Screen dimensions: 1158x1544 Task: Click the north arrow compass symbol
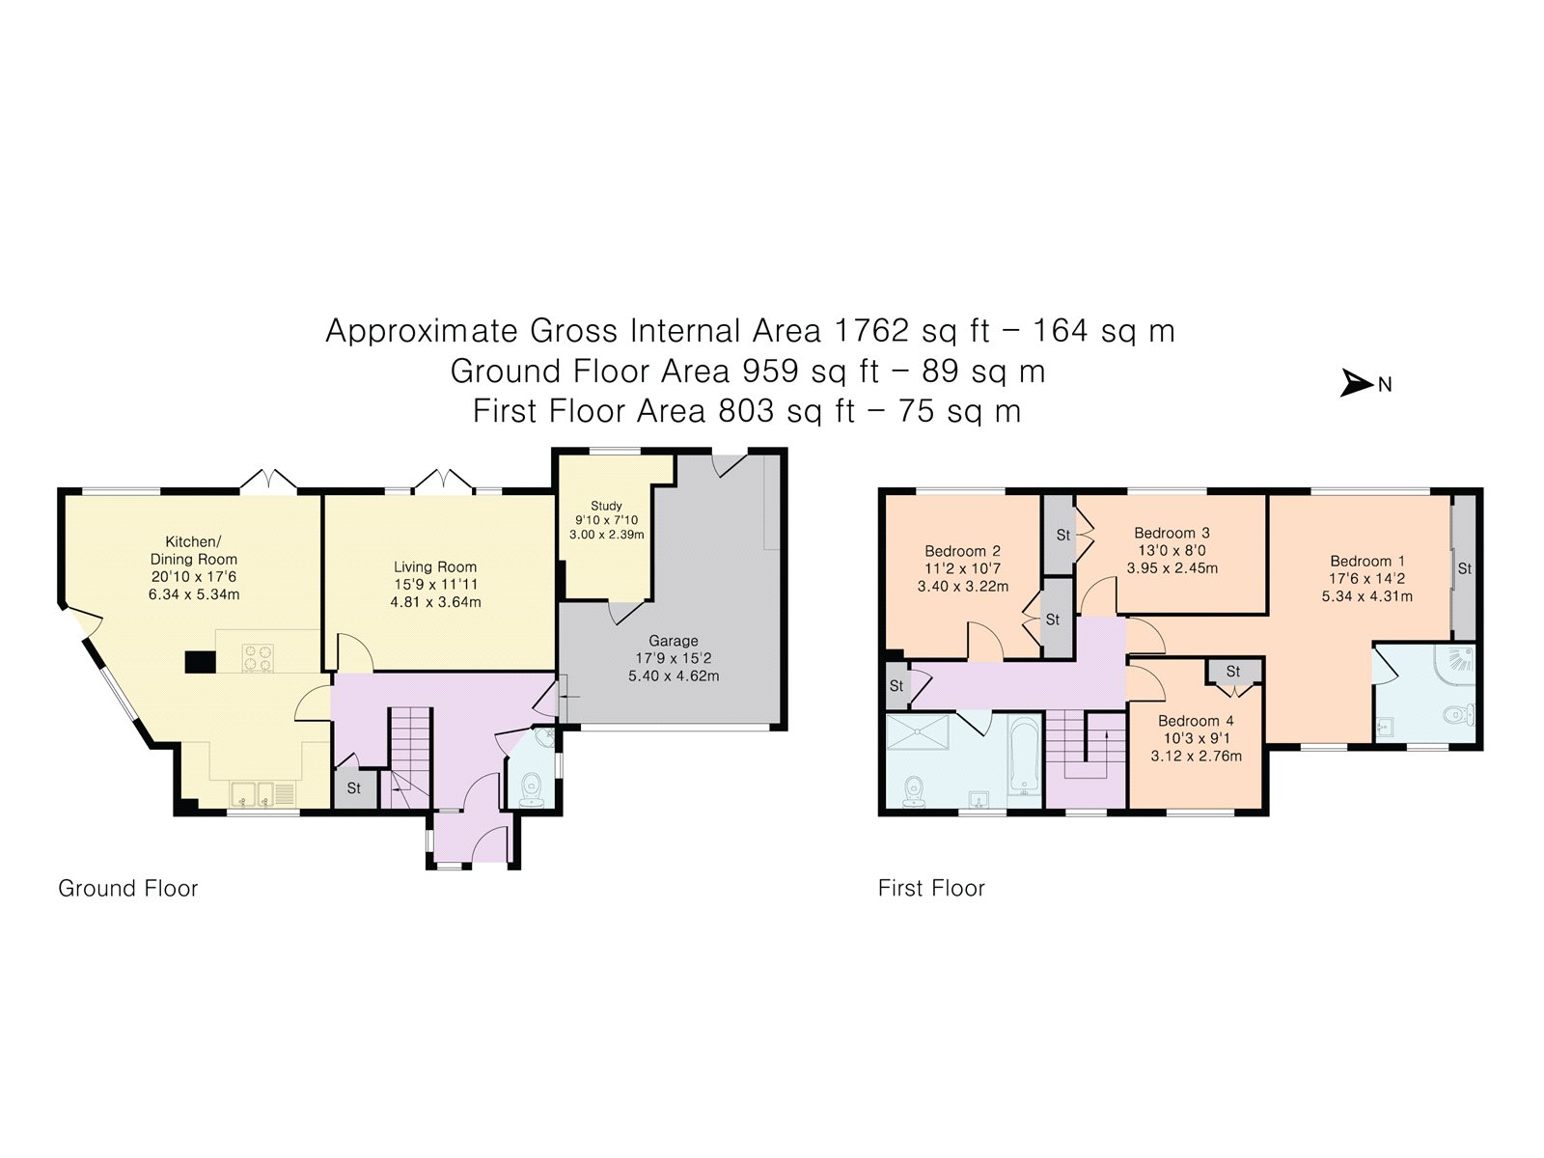pyautogui.click(x=1357, y=384)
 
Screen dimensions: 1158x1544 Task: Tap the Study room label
pyautogui.click(x=606, y=506)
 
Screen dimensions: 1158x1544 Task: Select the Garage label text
pyautogui.click(x=673, y=641)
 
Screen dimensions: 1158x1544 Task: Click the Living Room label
pyautogui.click(x=434, y=567)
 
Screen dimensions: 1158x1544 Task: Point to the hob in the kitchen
pyautogui.click(x=258, y=657)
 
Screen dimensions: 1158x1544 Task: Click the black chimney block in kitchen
pyautogui.click(x=201, y=662)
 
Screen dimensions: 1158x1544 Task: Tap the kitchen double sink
pyautogui.click(x=253, y=795)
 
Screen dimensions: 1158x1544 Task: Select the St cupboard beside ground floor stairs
pyautogui.click(x=353, y=787)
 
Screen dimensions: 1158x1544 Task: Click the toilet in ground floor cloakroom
pyautogui.click(x=531, y=792)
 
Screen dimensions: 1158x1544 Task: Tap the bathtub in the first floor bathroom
pyautogui.click(x=1023, y=758)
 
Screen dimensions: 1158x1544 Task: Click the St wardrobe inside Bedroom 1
pyautogui.click(x=1464, y=568)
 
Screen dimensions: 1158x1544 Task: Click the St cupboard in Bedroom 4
pyautogui.click(x=1233, y=672)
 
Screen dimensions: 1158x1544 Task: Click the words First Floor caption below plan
pyautogui.click(x=931, y=888)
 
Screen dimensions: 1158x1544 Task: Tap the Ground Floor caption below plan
pyautogui.click(x=127, y=888)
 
